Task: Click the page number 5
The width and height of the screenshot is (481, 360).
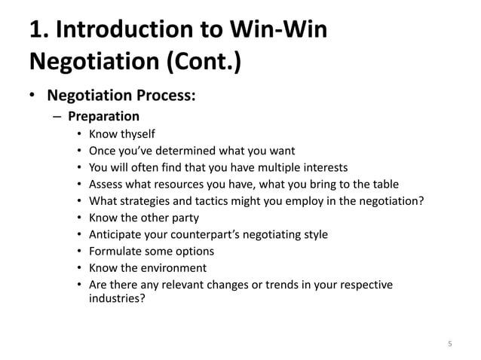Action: [450, 345]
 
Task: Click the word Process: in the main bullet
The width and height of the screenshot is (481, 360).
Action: [170, 97]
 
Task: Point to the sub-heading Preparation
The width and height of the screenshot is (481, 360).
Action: [103, 117]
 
